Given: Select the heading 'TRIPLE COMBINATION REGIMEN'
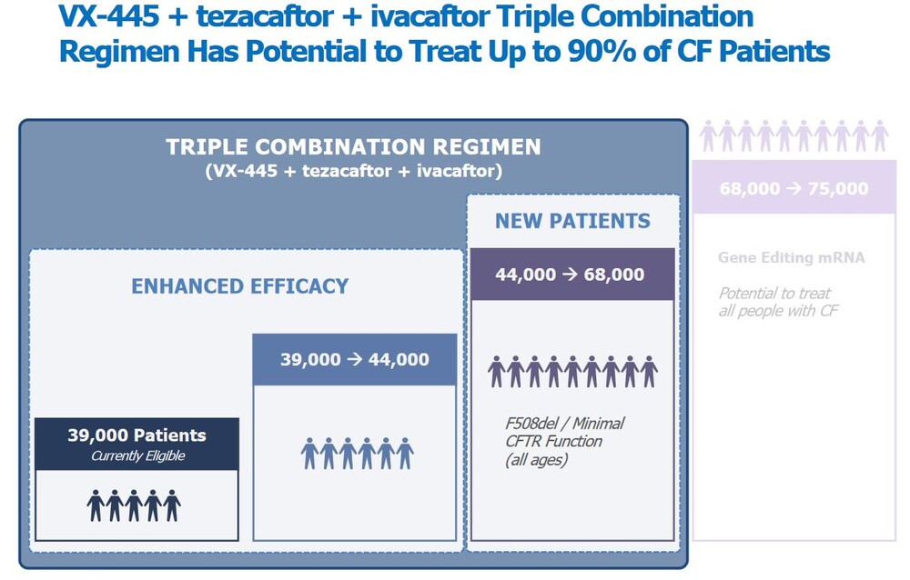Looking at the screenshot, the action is (353, 146).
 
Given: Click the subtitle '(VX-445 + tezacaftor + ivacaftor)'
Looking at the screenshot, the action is (353, 171).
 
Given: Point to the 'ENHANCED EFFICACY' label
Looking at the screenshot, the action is (239, 286).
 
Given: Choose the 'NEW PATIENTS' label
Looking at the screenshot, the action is (572, 221).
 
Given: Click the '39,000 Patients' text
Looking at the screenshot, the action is (137, 435).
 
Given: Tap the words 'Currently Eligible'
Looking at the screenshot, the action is (137, 455).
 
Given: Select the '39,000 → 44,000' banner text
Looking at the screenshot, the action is (355, 360).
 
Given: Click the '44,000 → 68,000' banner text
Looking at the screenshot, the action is (570, 275).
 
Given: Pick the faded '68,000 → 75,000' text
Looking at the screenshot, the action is (794, 188).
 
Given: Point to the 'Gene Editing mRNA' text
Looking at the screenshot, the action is (791, 257).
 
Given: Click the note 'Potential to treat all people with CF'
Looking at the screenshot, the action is (778, 302).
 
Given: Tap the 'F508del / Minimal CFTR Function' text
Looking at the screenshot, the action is (564, 432).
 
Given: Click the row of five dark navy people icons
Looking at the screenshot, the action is (134, 505).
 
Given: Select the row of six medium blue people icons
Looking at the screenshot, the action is (358, 454).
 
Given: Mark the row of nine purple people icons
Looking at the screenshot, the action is (572, 372).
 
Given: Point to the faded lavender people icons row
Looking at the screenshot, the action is (794, 135).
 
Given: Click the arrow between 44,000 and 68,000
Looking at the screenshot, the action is (570, 274).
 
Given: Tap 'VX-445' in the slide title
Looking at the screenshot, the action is (108, 15).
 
